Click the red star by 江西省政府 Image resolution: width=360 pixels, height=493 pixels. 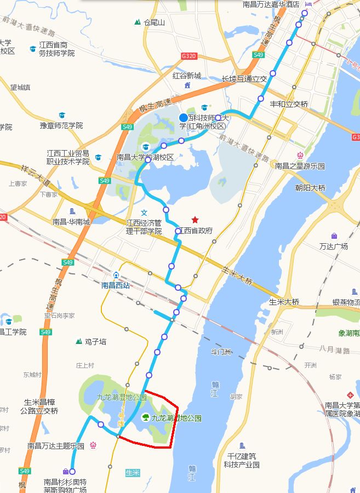pyautogui.click(x=195, y=220)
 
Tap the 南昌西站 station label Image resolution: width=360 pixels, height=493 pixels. pyautogui.click(x=116, y=285)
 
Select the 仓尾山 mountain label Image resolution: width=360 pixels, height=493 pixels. pyautogui.click(x=154, y=22)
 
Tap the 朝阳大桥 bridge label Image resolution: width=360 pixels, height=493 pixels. pyautogui.click(x=310, y=188)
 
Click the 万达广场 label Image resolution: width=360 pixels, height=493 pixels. pyautogui.click(x=334, y=246)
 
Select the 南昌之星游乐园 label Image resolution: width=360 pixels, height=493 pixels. pyautogui.click(x=300, y=166)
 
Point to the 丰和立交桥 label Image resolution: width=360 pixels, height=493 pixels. pyautogui.click(x=289, y=104)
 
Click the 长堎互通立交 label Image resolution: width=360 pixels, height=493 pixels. pyautogui.click(x=244, y=79)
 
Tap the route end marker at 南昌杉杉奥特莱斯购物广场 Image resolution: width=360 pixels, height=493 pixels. pyautogui.click(x=72, y=471)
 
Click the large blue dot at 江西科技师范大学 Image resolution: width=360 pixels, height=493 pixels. pyautogui.click(x=184, y=118)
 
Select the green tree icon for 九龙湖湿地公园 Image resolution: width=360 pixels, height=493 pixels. pyautogui.click(x=146, y=418)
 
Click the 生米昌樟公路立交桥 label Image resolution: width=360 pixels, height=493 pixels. pyautogui.click(x=39, y=406)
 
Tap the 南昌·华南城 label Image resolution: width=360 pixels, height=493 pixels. pyautogui.click(x=71, y=222)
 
